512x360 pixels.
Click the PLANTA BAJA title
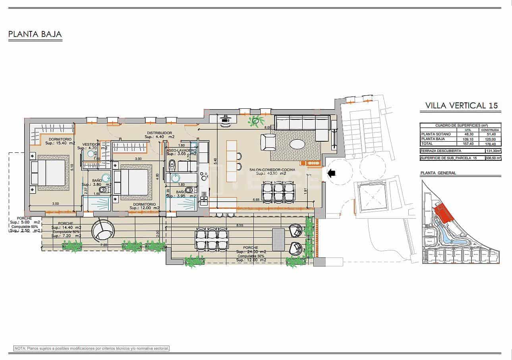pyautogui.click(x=35, y=35)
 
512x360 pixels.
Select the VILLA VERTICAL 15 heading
pyautogui.click(x=461, y=106)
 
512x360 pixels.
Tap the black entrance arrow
pyautogui.click(x=330, y=173)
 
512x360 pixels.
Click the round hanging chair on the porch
pyautogui.click(x=102, y=231)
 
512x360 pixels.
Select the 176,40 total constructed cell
pyautogui.click(x=490, y=144)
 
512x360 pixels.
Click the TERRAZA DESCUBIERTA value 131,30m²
pyautogui.click(x=493, y=151)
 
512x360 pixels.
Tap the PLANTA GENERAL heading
pyautogui.click(x=438, y=173)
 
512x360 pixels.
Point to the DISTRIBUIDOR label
pyautogui.click(x=159, y=133)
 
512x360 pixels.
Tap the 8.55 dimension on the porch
pyautogui.click(x=240, y=225)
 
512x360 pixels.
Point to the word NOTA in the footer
pyautogui.click(x=19, y=348)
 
